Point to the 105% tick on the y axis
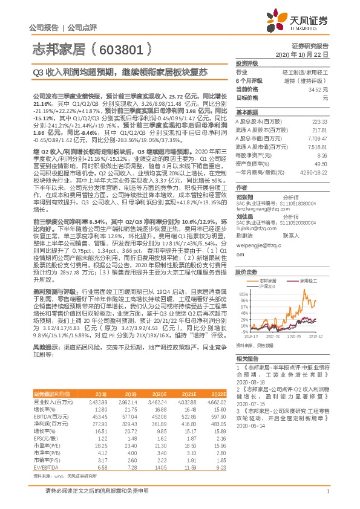click(242, 275)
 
